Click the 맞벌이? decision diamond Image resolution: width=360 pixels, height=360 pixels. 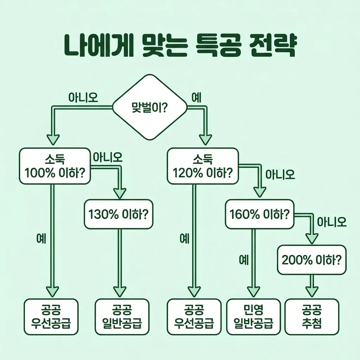[x=149, y=107]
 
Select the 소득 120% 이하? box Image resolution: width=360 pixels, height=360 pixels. [x=203, y=166]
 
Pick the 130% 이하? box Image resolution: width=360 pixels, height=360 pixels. [x=119, y=214]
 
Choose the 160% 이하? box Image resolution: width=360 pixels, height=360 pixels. [x=259, y=214]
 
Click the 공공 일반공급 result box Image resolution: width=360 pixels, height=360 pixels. [x=122, y=316]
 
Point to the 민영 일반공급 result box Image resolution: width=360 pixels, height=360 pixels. [x=253, y=316]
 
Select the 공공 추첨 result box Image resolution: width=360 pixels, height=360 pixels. [x=311, y=316]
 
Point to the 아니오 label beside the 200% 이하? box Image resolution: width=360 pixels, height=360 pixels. [x=332, y=222]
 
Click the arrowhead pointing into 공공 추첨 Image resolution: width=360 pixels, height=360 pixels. [x=311, y=291]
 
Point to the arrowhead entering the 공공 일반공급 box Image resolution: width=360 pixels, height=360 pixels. [x=120, y=291]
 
